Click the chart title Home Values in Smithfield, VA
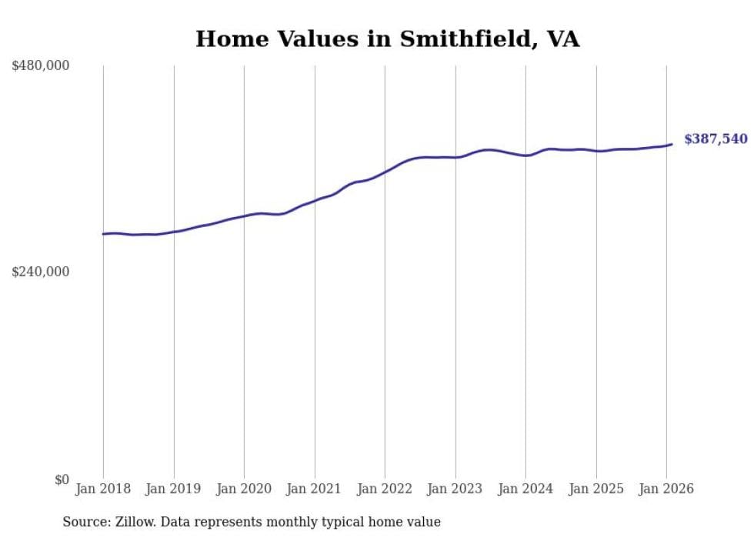click(387, 38)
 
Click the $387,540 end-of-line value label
click(716, 139)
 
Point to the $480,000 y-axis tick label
click(41, 66)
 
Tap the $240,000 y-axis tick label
click(41, 272)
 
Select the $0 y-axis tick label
click(62, 480)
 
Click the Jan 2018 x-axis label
click(103, 489)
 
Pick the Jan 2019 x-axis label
click(174, 489)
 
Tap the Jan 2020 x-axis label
click(244, 489)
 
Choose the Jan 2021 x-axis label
click(315, 489)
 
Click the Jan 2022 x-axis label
click(385, 489)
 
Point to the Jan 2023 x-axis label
click(455, 489)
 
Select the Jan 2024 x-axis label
click(525, 489)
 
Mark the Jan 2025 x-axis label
click(596, 489)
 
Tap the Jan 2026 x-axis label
click(666, 489)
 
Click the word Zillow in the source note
click(135, 522)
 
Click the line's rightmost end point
click(672, 144)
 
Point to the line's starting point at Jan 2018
click(103, 234)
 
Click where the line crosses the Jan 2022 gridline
click(385, 172)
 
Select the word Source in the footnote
click(85, 522)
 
